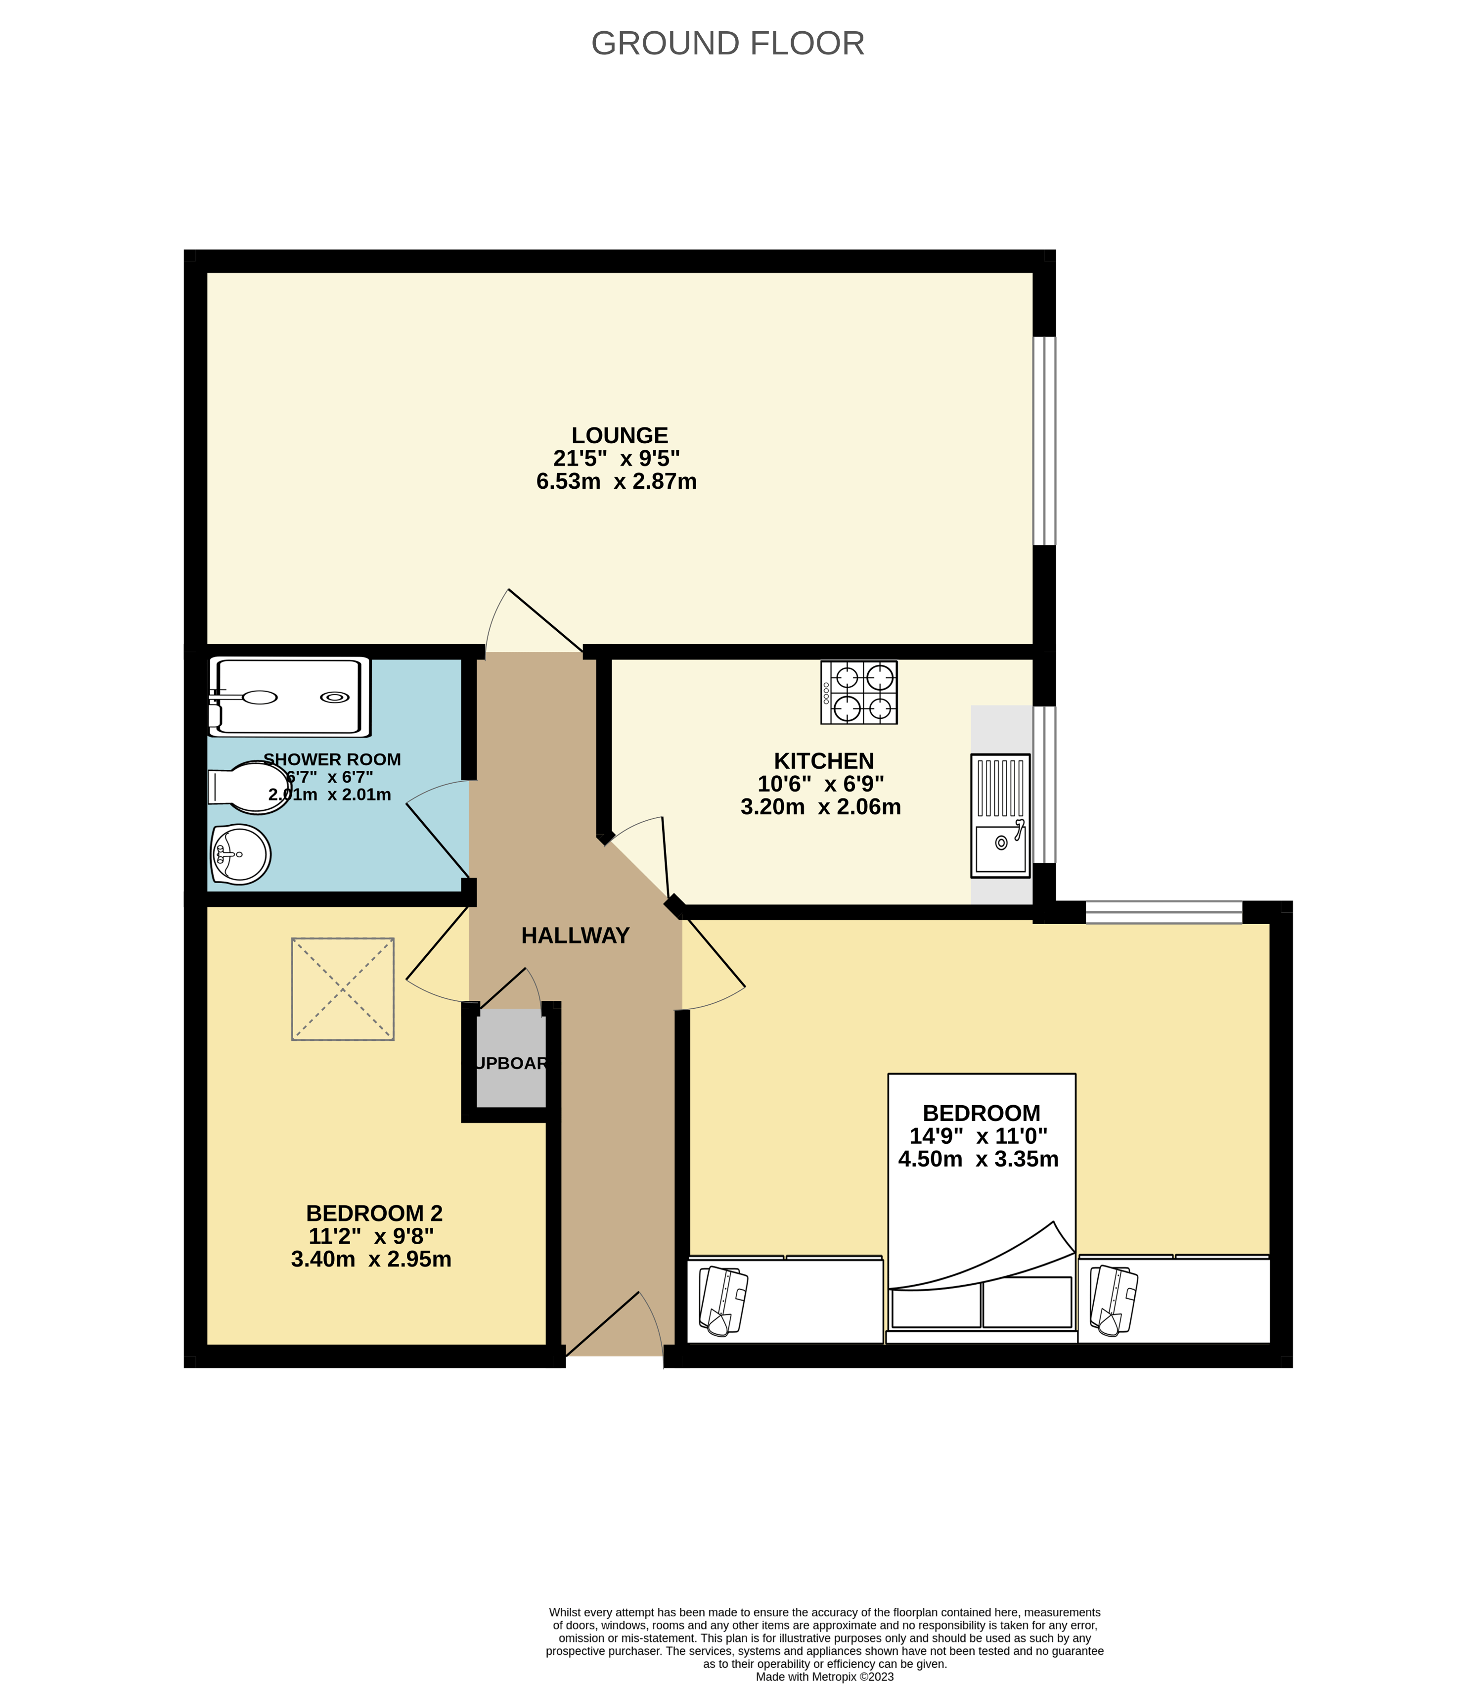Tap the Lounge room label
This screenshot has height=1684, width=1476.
pyautogui.click(x=620, y=435)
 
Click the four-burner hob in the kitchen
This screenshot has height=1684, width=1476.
pyautogui.click(x=858, y=693)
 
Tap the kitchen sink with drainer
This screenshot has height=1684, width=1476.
pyautogui.click(x=1000, y=816)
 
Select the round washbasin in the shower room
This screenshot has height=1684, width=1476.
pyautogui.click(x=240, y=854)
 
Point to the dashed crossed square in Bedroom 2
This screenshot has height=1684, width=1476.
pyautogui.click(x=343, y=988)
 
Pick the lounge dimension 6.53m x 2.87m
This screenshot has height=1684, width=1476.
pyautogui.click(x=616, y=481)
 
